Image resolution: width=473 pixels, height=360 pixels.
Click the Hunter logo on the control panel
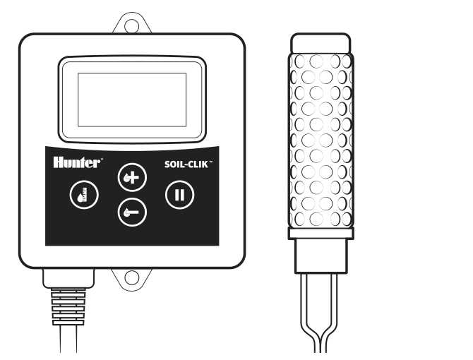coord(77,162)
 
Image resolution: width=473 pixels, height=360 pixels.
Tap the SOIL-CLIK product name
coord(186,164)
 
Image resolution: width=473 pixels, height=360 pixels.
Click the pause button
coord(180,195)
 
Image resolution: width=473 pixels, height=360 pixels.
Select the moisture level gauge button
coord(84,195)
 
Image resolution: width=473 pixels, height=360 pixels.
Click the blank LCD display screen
coord(132,100)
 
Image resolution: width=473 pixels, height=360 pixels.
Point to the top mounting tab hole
coord(132,25)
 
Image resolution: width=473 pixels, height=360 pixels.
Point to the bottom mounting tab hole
coord(132,277)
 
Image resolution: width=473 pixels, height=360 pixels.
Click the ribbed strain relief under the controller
coord(68,306)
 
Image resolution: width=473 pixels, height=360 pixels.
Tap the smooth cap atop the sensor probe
coord(321,44)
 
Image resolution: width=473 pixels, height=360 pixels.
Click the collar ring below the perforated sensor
coord(321,234)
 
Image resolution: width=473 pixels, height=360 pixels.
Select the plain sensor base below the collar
coord(321,256)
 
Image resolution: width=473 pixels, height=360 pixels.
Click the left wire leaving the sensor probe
coord(309,313)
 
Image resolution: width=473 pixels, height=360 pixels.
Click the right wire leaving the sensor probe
coord(333,313)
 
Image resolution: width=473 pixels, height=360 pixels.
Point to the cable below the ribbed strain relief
coord(68,339)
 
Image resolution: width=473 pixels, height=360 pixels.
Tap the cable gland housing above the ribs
coord(68,278)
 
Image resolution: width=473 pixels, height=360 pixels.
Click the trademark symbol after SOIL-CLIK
coord(211,162)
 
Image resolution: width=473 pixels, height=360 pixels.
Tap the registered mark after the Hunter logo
coord(102,159)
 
